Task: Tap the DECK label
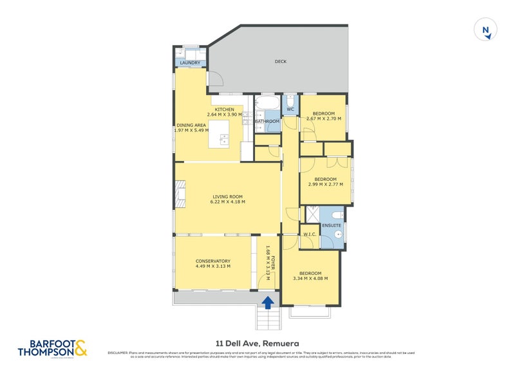coord(280,62)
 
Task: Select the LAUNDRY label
coord(190,63)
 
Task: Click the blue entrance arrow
coord(268,300)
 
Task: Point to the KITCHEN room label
coord(224,109)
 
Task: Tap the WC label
coord(290,109)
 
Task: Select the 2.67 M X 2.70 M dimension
coord(324,119)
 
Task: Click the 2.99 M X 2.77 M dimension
coord(325,185)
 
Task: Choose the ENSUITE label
coord(332,225)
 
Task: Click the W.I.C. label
coord(308,234)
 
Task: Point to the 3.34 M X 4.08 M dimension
coord(310,279)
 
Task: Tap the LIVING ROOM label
coord(229,196)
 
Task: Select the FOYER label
coord(273,262)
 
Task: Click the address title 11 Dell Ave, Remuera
coord(257,344)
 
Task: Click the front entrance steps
coord(268,317)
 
